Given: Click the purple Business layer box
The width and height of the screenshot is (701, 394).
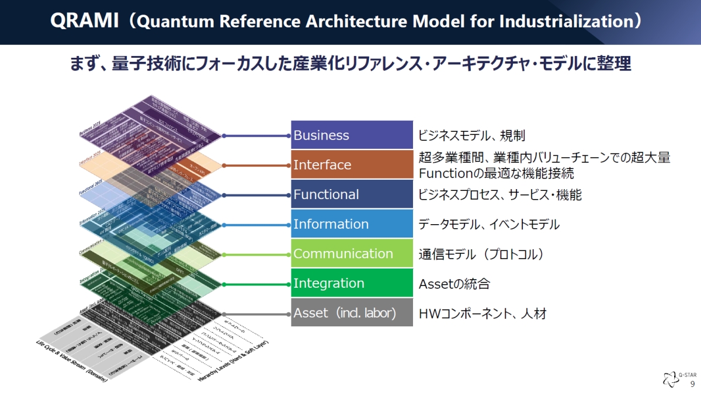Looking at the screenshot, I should pyautogui.click(x=352, y=135).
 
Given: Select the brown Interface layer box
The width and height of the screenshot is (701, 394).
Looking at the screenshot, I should pyautogui.click(x=352, y=165).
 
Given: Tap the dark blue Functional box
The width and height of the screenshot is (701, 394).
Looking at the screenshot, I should pyautogui.click(x=352, y=194).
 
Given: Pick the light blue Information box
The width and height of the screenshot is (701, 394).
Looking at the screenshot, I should pyautogui.click(x=352, y=224).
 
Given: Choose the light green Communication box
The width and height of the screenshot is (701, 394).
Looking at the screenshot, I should pyautogui.click(x=352, y=254).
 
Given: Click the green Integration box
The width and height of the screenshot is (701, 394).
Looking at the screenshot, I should pyautogui.click(x=352, y=284).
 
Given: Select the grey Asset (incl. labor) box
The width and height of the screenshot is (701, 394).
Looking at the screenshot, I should pyautogui.click(x=352, y=313).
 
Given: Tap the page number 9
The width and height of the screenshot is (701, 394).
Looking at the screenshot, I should pyautogui.click(x=692, y=384).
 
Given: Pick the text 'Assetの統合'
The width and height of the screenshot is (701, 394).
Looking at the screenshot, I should pyautogui.click(x=454, y=284).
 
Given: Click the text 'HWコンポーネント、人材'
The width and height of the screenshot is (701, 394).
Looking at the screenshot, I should pyautogui.click(x=483, y=314).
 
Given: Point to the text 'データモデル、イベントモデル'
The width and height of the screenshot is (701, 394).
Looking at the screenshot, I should pyautogui.click(x=489, y=225).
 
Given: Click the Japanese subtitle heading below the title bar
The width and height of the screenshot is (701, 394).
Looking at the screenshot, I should pyautogui.click(x=350, y=63).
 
